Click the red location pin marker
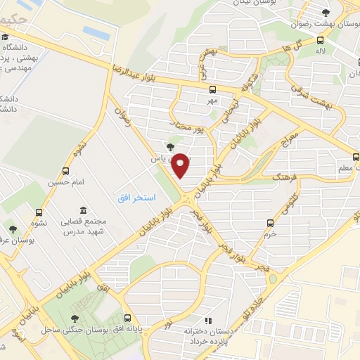point(181,165)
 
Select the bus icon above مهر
point(213,89)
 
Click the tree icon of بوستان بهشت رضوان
point(325,12)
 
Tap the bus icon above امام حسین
point(66,171)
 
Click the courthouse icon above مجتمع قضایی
point(84,210)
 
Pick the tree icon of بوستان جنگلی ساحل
point(75,319)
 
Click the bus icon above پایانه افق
point(127,318)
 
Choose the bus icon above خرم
point(271,223)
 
